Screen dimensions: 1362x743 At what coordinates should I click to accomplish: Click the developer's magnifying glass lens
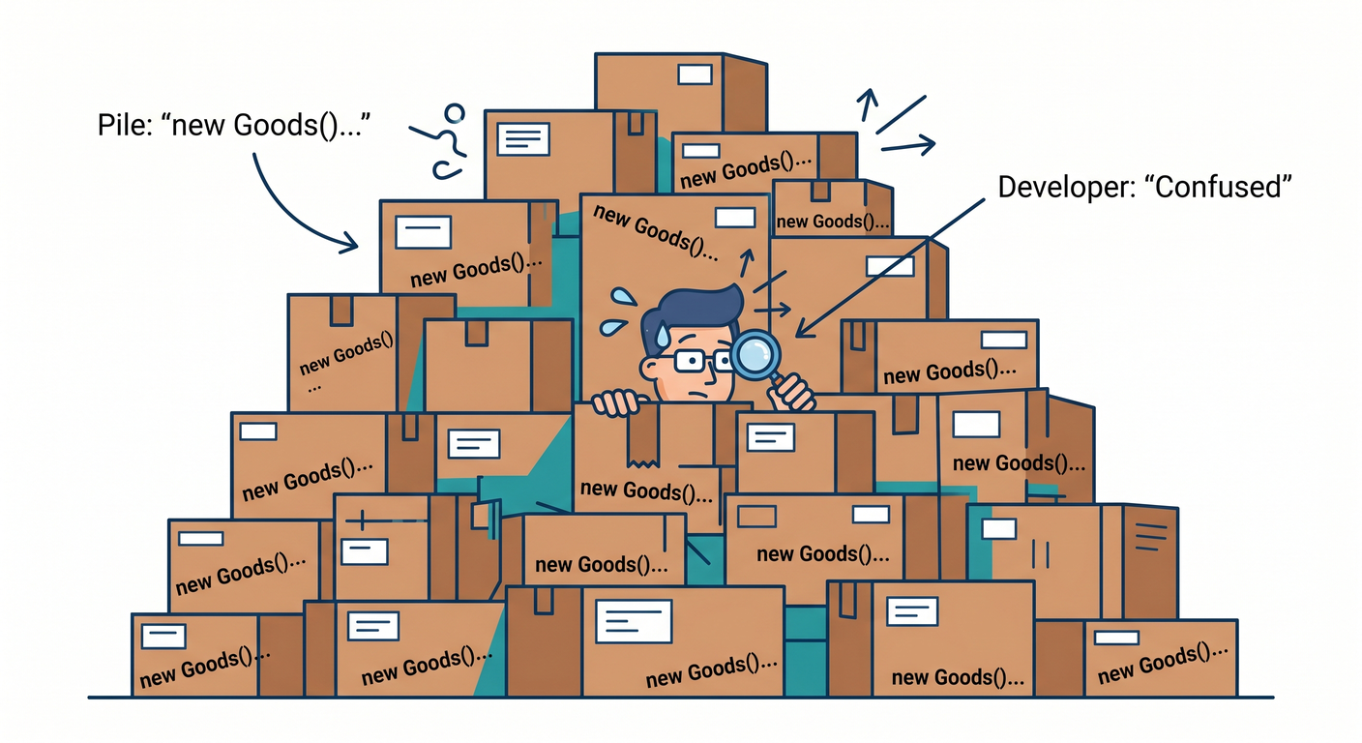755,354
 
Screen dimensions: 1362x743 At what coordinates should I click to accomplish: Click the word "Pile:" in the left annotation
125,125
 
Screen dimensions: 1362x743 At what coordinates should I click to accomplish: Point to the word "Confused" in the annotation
1217,187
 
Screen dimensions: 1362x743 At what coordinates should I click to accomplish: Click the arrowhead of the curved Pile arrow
349,243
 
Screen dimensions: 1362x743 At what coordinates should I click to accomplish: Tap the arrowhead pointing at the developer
805,328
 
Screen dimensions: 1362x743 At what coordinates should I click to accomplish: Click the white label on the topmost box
695,74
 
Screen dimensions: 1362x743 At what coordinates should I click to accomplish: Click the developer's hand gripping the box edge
616,402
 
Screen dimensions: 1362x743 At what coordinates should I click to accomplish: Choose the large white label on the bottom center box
634,621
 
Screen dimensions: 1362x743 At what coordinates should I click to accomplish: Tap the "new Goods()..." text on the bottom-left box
204,667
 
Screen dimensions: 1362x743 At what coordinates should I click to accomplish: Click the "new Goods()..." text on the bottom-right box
1163,664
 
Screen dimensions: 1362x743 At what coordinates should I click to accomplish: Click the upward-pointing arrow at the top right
868,104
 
